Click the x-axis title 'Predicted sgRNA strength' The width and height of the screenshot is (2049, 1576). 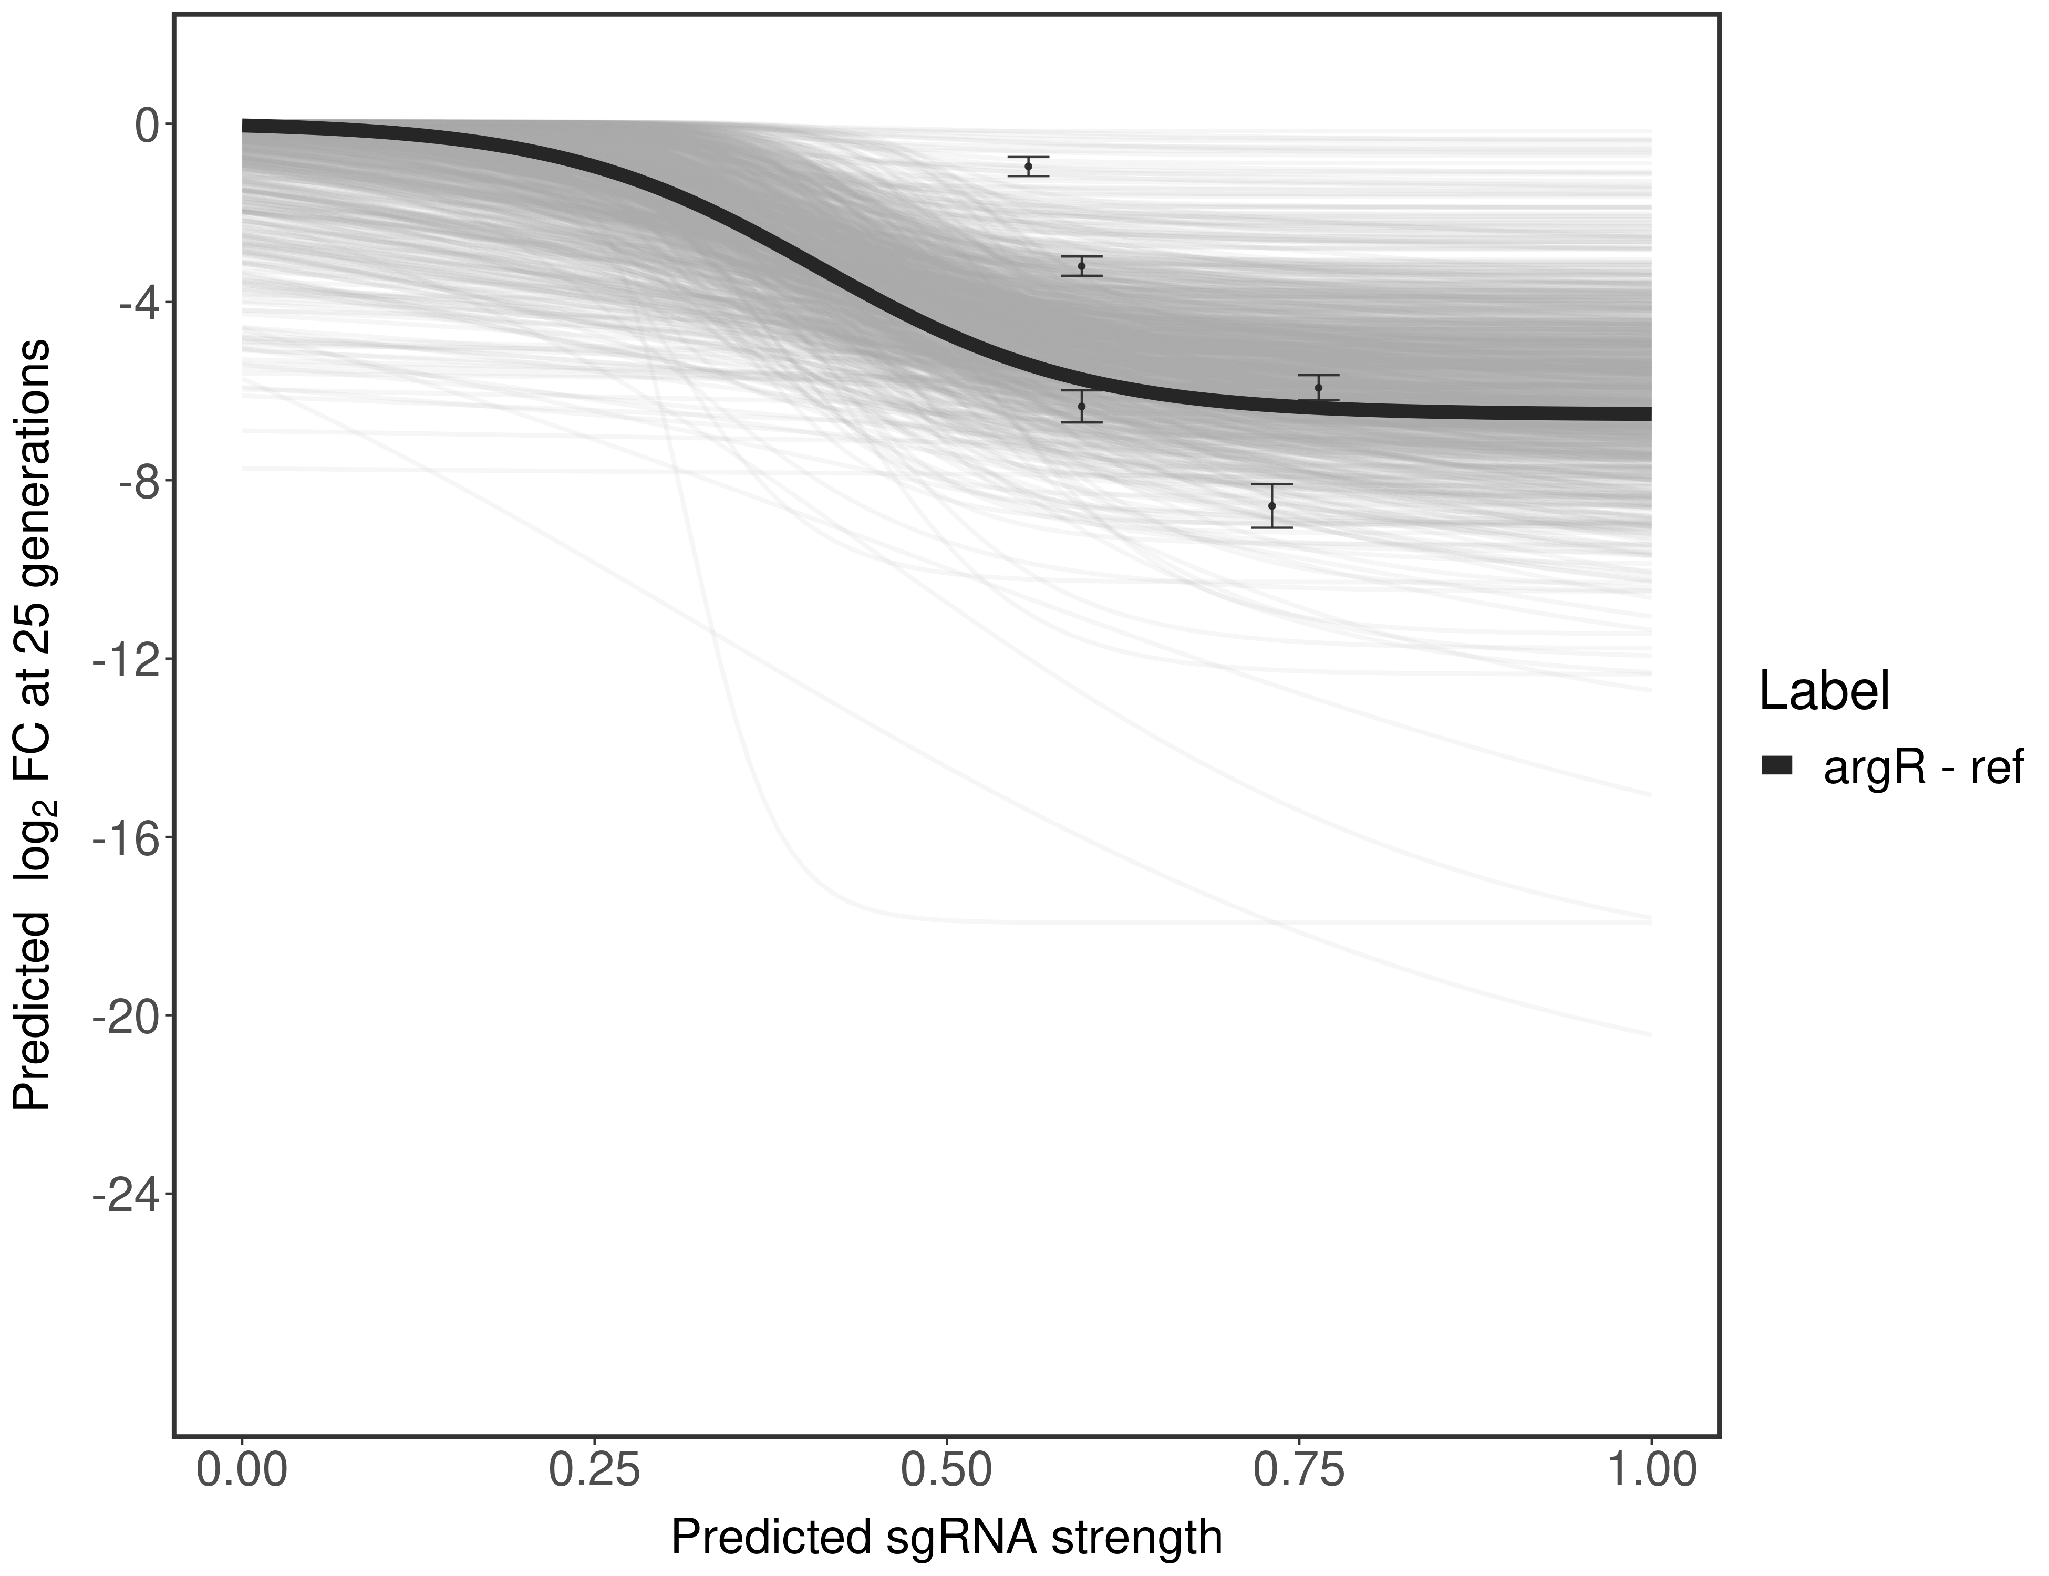pos(947,1539)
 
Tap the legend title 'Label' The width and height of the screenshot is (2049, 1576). pos(1824,691)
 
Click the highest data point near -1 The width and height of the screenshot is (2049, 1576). pos(1028,166)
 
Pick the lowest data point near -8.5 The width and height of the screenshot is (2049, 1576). pos(1272,505)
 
